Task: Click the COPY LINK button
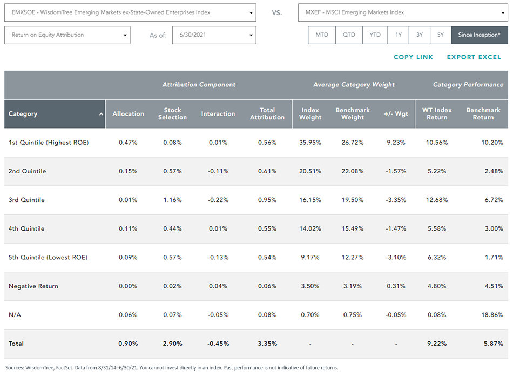point(413,57)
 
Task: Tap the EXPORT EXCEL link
point(474,57)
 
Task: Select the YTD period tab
point(375,35)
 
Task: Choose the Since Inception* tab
point(480,35)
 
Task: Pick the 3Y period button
point(420,35)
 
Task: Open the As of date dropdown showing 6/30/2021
point(214,35)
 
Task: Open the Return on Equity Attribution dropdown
point(67,35)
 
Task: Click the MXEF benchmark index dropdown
point(403,12)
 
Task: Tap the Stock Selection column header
point(172,114)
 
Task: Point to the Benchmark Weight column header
point(353,114)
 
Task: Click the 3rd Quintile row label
point(26,200)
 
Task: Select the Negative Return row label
point(33,286)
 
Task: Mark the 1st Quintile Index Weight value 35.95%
point(310,143)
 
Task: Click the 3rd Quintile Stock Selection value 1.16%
point(172,200)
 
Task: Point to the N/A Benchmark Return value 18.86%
point(492,315)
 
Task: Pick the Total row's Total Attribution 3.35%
point(267,344)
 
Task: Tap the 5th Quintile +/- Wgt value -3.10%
point(396,258)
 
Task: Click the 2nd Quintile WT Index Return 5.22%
point(437,171)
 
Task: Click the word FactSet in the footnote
point(64,368)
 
